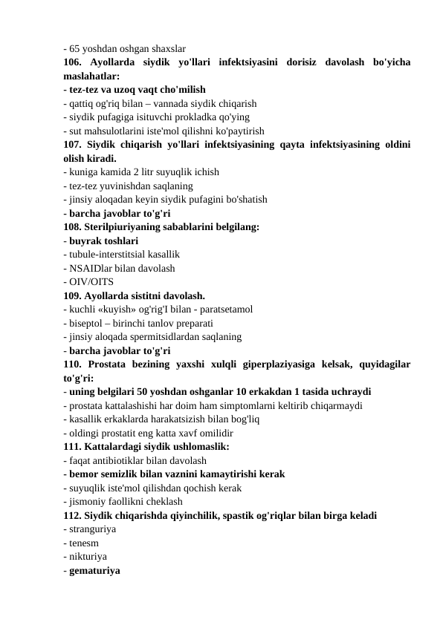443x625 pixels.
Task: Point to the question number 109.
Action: click(x=73, y=295)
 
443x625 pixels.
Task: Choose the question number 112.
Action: click(x=73, y=515)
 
